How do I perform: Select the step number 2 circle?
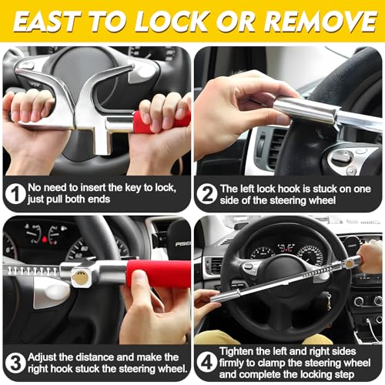click(x=206, y=194)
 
